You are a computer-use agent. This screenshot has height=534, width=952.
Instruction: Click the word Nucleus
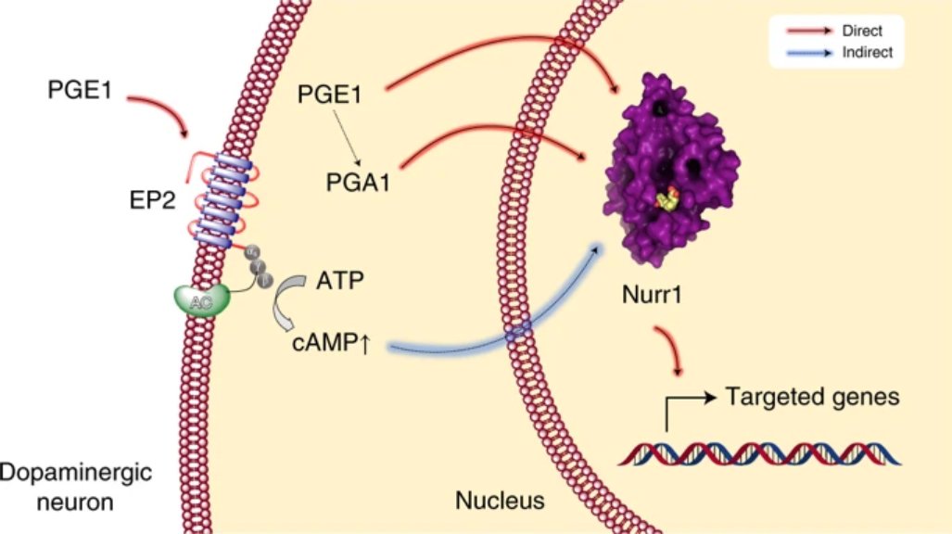point(500,501)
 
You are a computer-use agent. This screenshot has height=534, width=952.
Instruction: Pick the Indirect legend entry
point(855,53)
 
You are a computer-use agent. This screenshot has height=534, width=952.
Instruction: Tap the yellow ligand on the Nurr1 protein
point(665,197)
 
